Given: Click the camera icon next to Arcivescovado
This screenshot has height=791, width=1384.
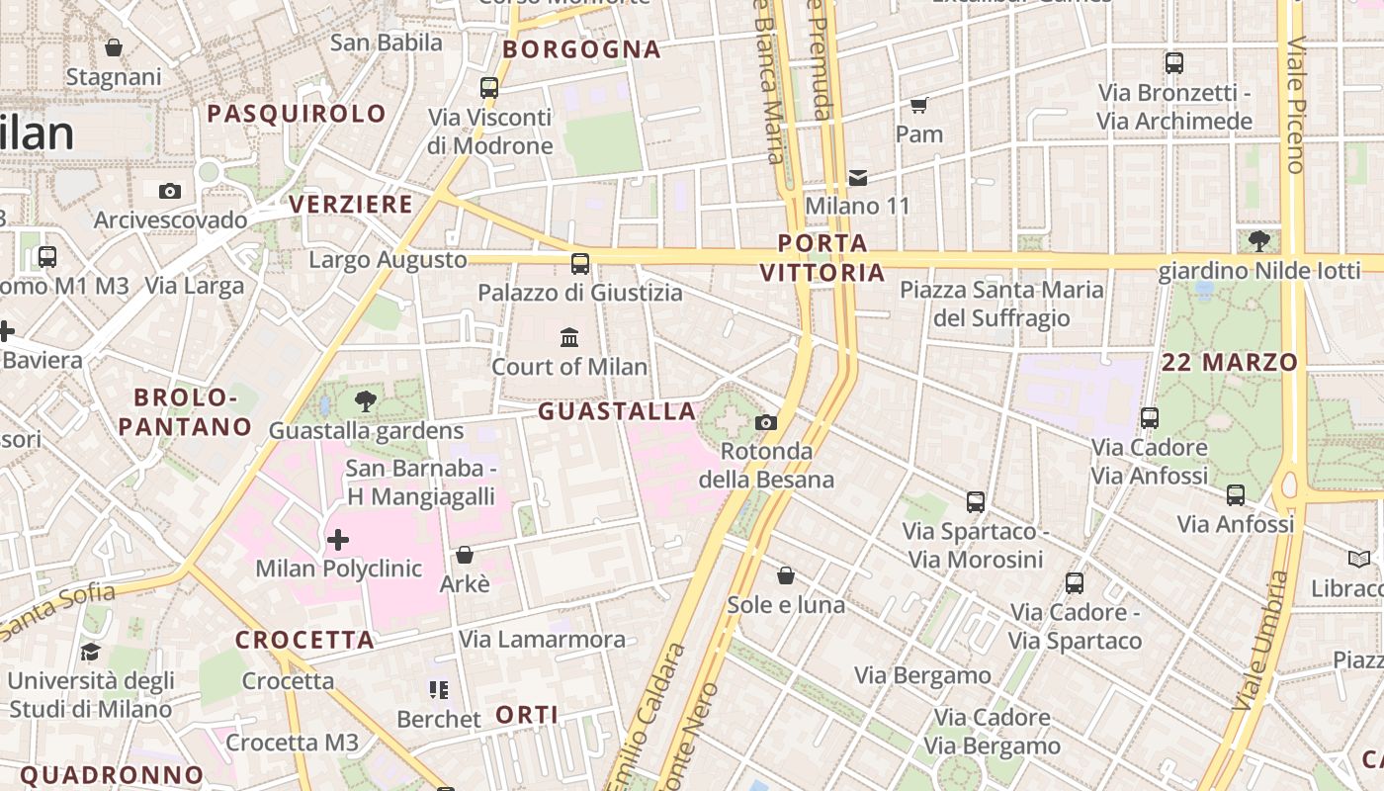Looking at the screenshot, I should [169, 191].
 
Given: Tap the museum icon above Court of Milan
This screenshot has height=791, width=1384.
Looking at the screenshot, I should [569, 338].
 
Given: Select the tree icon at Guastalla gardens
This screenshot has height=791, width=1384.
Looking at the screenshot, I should [366, 401].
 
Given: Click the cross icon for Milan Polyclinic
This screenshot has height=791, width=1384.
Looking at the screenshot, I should [338, 540].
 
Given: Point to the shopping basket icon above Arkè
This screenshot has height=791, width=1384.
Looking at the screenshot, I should [464, 556].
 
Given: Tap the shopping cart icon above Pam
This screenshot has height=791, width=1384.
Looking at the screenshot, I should [918, 105].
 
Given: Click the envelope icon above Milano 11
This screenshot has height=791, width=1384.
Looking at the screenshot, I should [857, 178].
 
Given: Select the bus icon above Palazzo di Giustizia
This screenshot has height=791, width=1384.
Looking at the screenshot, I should [580, 264].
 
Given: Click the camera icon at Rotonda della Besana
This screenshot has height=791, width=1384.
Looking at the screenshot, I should [765, 423].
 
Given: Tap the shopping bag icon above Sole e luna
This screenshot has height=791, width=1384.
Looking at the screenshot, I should [786, 575].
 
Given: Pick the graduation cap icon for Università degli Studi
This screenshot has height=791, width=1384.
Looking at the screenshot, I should [90, 653].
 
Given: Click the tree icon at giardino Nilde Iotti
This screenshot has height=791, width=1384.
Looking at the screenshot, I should [1259, 240].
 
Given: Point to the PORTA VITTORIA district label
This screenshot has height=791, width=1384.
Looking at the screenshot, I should [822, 257].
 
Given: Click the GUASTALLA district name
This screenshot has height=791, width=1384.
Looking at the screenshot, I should [617, 411].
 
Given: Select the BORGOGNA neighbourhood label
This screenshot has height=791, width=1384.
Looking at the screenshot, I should [581, 49].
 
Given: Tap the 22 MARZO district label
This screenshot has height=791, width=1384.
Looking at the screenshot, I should [1230, 362].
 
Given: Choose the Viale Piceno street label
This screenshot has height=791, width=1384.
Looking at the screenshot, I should [1295, 104].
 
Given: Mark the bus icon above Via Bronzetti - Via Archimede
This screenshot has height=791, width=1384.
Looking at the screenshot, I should [1174, 63].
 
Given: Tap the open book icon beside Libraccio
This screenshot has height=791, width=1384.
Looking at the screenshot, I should [1360, 560].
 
